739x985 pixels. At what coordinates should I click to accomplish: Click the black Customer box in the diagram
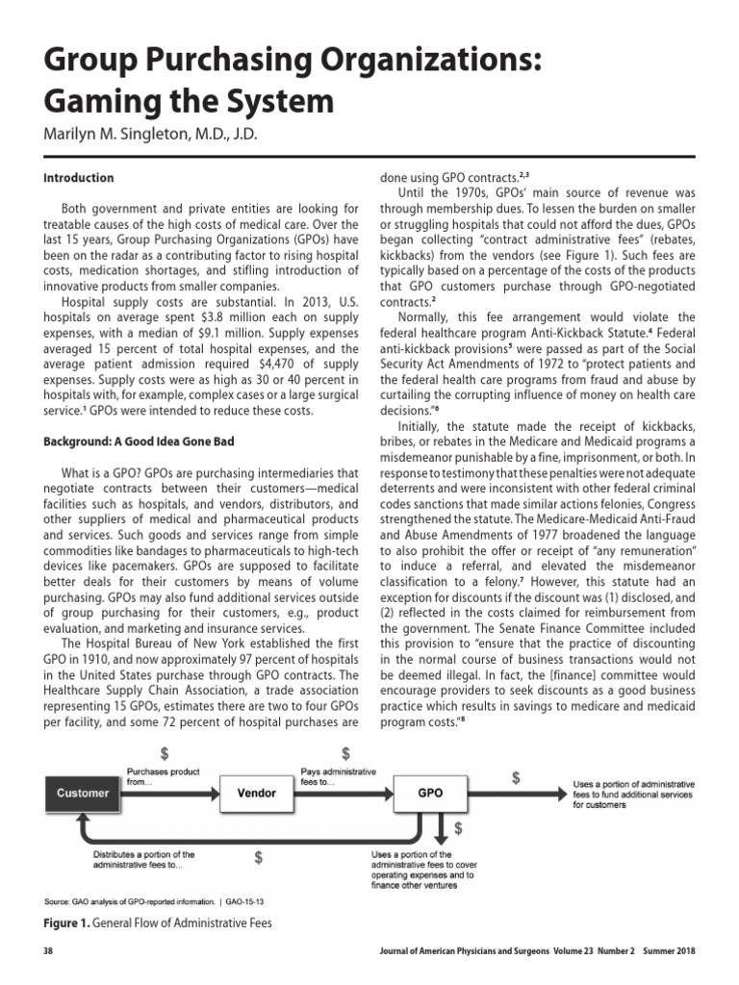pyautogui.click(x=83, y=794)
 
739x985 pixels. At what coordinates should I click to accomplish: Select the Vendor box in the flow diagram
pyautogui.click(x=256, y=794)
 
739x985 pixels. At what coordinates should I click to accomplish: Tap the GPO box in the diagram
pyautogui.click(x=429, y=794)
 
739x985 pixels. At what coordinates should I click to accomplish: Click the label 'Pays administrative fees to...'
pyautogui.click(x=339, y=777)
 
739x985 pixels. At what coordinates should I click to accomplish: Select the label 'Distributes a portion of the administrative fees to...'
pyautogui.click(x=143, y=859)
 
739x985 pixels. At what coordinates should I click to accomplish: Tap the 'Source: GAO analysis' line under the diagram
pyautogui.click(x=154, y=902)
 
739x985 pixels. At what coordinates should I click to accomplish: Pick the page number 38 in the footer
pyautogui.click(x=49, y=951)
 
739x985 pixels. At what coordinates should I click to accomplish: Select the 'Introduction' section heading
pyautogui.click(x=78, y=178)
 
